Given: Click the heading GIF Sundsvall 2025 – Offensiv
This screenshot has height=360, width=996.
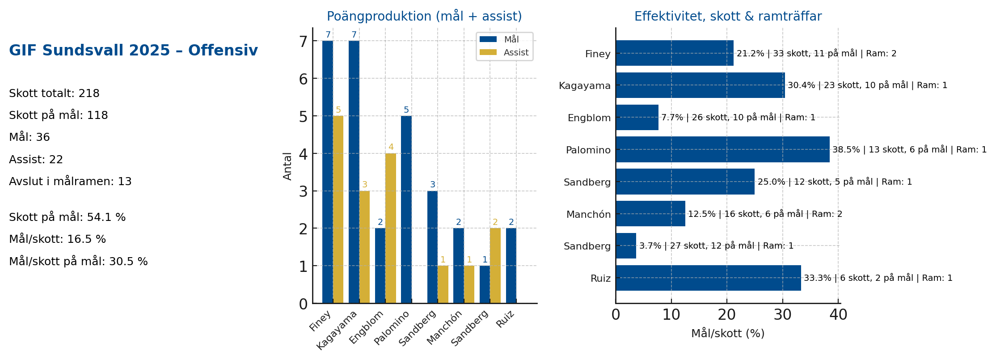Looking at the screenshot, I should [133, 51].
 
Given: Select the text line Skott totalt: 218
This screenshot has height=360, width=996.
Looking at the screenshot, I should [54, 93].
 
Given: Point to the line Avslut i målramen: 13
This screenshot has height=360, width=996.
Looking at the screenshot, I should [70, 182].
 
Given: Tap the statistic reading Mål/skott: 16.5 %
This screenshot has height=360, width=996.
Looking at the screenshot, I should [57, 239].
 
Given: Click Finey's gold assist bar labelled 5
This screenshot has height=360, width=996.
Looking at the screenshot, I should [338, 209].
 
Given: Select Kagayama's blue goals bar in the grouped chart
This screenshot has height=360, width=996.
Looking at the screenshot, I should [354, 172].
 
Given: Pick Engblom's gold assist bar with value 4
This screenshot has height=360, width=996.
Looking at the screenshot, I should [390, 228].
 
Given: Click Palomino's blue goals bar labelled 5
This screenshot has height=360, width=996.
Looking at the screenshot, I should [406, 209].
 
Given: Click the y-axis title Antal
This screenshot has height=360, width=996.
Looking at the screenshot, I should [287, 166].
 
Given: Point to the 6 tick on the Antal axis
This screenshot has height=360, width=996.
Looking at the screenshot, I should [304, 79].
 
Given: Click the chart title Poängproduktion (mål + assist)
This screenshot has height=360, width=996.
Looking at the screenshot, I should [424, 17].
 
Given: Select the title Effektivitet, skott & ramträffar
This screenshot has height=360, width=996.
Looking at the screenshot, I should [727, 17].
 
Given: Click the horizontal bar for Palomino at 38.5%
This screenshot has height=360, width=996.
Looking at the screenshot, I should [722, 149].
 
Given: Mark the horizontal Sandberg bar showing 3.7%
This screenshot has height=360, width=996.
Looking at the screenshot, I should [625, 246].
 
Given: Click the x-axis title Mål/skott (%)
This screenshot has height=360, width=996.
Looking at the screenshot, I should [727, 334].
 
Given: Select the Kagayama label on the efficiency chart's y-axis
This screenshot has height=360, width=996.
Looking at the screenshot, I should [584, 86].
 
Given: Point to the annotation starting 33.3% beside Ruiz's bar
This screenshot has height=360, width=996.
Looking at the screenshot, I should [878, 278].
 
